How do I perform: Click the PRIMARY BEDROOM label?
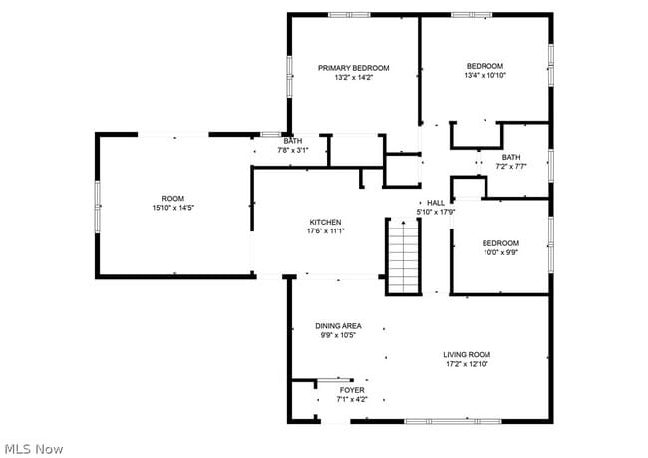pos(353,68)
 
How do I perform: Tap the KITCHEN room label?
pos(326,223)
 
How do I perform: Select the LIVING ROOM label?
pos(467,355)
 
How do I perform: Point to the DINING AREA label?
pos(339,326)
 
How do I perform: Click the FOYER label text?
pos(352,390)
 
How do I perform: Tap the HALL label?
pos(436,203)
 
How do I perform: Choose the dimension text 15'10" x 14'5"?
pos(173,208)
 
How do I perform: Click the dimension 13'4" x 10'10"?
pos(486,75)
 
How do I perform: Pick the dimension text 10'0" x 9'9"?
pos(500,252)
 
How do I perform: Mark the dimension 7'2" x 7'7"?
pos(511,167)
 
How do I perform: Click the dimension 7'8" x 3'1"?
pos(293,150)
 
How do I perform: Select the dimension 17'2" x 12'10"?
pos(467,364)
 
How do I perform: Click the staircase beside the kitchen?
pos(404,256)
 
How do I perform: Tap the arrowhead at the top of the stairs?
pos(404,223)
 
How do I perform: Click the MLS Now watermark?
pos(34,449)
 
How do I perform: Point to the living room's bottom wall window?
pos(453,422)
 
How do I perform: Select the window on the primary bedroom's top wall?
pos(349,15)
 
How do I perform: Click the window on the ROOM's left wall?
pos(98,206)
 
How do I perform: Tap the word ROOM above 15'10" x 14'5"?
pos(173,199)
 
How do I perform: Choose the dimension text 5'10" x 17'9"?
pos(436,212)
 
